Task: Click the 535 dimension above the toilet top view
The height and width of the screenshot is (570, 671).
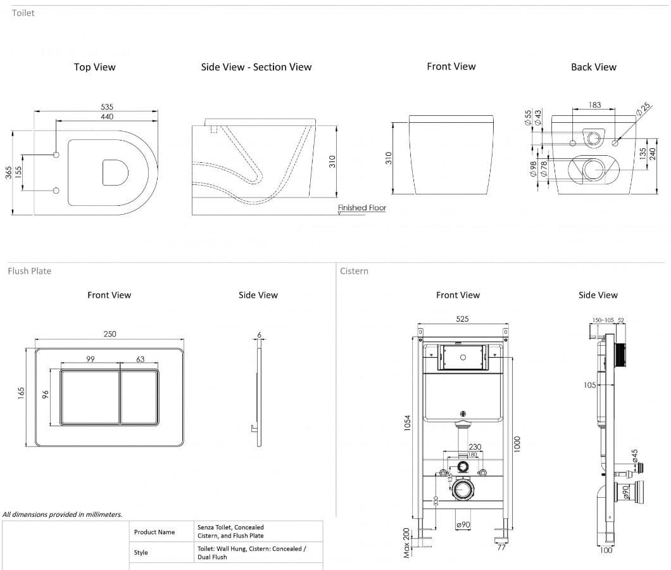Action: (x=107, y=107)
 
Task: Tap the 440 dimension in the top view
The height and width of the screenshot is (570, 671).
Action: (x=107, y=117)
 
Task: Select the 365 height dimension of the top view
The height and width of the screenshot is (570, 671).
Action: (x=9, y=172)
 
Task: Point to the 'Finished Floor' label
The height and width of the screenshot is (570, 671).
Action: (x=361, y=208)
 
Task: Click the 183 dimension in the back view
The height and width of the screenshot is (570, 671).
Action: (x=594, y=105)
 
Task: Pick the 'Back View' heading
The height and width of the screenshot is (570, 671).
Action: (x=593, y=67)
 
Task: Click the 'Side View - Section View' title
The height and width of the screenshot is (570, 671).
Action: (x=256, y=67)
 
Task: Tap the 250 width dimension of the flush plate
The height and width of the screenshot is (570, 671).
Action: (x=110, y=334)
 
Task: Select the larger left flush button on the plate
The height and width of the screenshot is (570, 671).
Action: (x=89, y=396)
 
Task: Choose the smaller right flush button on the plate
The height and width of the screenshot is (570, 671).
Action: (x=139, y=396)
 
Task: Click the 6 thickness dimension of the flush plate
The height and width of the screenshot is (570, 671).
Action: (x=259, y=334)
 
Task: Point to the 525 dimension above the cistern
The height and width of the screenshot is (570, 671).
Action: (x=462, y=319)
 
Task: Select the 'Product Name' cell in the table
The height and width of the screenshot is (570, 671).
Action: (x=154, y=532)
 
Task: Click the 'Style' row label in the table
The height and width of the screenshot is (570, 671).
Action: (x=141, y=552)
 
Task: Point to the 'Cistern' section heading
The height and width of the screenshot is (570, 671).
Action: (x=354, y=271)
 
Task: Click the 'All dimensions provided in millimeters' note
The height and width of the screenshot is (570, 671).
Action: (x=63, y=514)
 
